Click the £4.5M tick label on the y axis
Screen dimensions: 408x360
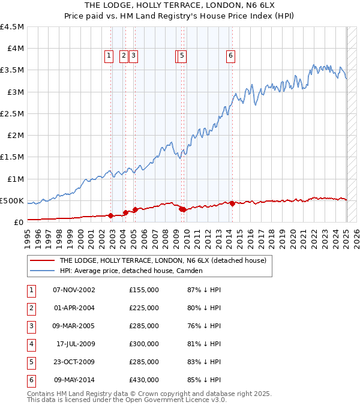coord(13,27)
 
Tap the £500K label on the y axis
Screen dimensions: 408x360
coord(13,200)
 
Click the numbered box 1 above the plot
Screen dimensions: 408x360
coord(109,56)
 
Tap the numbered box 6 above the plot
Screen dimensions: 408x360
coord(230,56)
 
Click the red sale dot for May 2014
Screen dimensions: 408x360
coord(232,203)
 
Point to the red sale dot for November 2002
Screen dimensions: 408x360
coord(111,215)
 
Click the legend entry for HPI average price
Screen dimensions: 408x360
coord(132,271)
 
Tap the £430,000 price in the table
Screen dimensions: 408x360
coord(144,380)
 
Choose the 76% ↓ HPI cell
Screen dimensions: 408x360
coord(200,326)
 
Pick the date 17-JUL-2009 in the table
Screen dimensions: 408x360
coord(74,344)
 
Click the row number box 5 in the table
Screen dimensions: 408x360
coord(31,362)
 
